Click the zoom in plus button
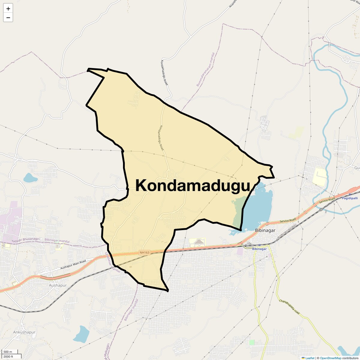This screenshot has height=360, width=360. pyautogui.click(x=8, y=9)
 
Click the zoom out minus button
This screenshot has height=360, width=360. pyautogui.click(x=8, y=18)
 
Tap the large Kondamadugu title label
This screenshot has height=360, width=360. pyautogui.click(x=193, y=185)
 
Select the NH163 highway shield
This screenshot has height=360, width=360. pyautogui.click(x=144, y=253)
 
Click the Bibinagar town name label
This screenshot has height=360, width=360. pyautogui.click(x=265, y=230)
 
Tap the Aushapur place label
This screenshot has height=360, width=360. pyautogui.click(x=58, y=285)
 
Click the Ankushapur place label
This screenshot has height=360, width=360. pyautogui.click(x=24, y=332)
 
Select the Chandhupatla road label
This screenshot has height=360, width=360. pyautogui.click(x=289, y=307)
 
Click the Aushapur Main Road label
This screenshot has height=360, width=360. pyautogui.click(x=73, y=264)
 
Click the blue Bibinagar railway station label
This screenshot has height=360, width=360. pyautogui.click(x=259, y=249)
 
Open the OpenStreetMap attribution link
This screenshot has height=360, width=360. pyautogui.click(x=330, y=358)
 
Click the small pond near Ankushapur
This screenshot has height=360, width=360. pyautogui.click(x=81, y=334)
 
